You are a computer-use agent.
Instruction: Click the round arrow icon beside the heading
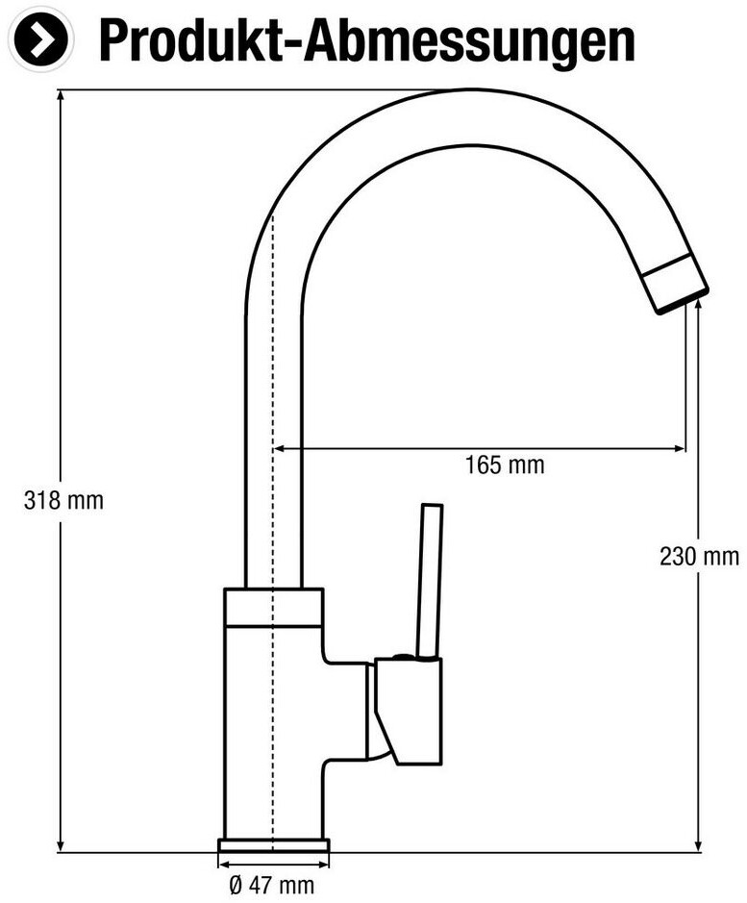click(x=41, y=38)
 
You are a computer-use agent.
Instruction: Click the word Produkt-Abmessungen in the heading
click(x=367, y=40)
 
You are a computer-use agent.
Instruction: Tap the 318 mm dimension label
click(x=63, y=500)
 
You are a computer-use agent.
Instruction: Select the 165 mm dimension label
click(x=505, y=464)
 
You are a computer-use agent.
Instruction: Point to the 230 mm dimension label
click(x=699, y=557)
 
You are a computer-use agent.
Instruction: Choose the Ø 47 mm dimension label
click(x=272, y=885)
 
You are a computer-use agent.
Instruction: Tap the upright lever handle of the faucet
click(x=431, y=581)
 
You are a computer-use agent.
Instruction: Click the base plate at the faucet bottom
click(x=274, y=845)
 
